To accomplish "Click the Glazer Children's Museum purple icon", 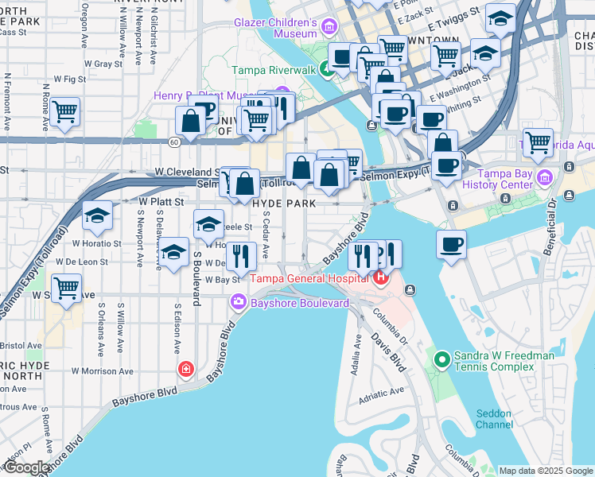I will click(329, 29).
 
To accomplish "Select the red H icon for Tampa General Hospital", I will click(381, 277).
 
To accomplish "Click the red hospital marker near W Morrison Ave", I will click(185, 369).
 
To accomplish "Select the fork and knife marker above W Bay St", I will click(240, 255).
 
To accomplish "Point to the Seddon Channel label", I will click(494, 418).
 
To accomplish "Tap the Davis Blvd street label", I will click(387, 352).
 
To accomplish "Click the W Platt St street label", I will click(161, 202).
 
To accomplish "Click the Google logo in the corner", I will click(26, 467).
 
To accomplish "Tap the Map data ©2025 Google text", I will click(545, 471).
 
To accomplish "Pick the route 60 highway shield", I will click(173, 142).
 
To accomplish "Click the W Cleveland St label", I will click(189, 172).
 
